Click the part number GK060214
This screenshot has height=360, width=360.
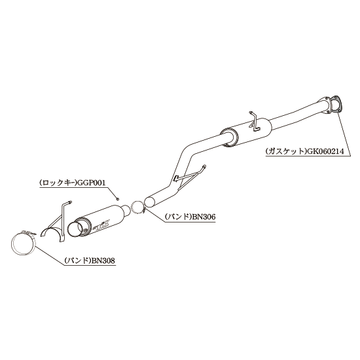coord(325,152)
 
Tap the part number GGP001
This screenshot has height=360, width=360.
coord(92,183)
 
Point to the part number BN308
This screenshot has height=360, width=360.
coord(103,261)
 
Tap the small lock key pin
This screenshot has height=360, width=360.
coord(117,199)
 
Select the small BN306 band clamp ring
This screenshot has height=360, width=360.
coord(138,207)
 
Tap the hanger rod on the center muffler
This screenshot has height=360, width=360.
coord(255,122)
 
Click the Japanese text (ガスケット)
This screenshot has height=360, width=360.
coord(286,152)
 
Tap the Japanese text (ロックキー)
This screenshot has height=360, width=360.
coord(58,183)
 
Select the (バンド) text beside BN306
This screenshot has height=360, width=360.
coord(177,217)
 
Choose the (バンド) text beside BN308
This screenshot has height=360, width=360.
coord(78,261)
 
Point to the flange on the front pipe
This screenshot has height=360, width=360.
coord(325,105)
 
